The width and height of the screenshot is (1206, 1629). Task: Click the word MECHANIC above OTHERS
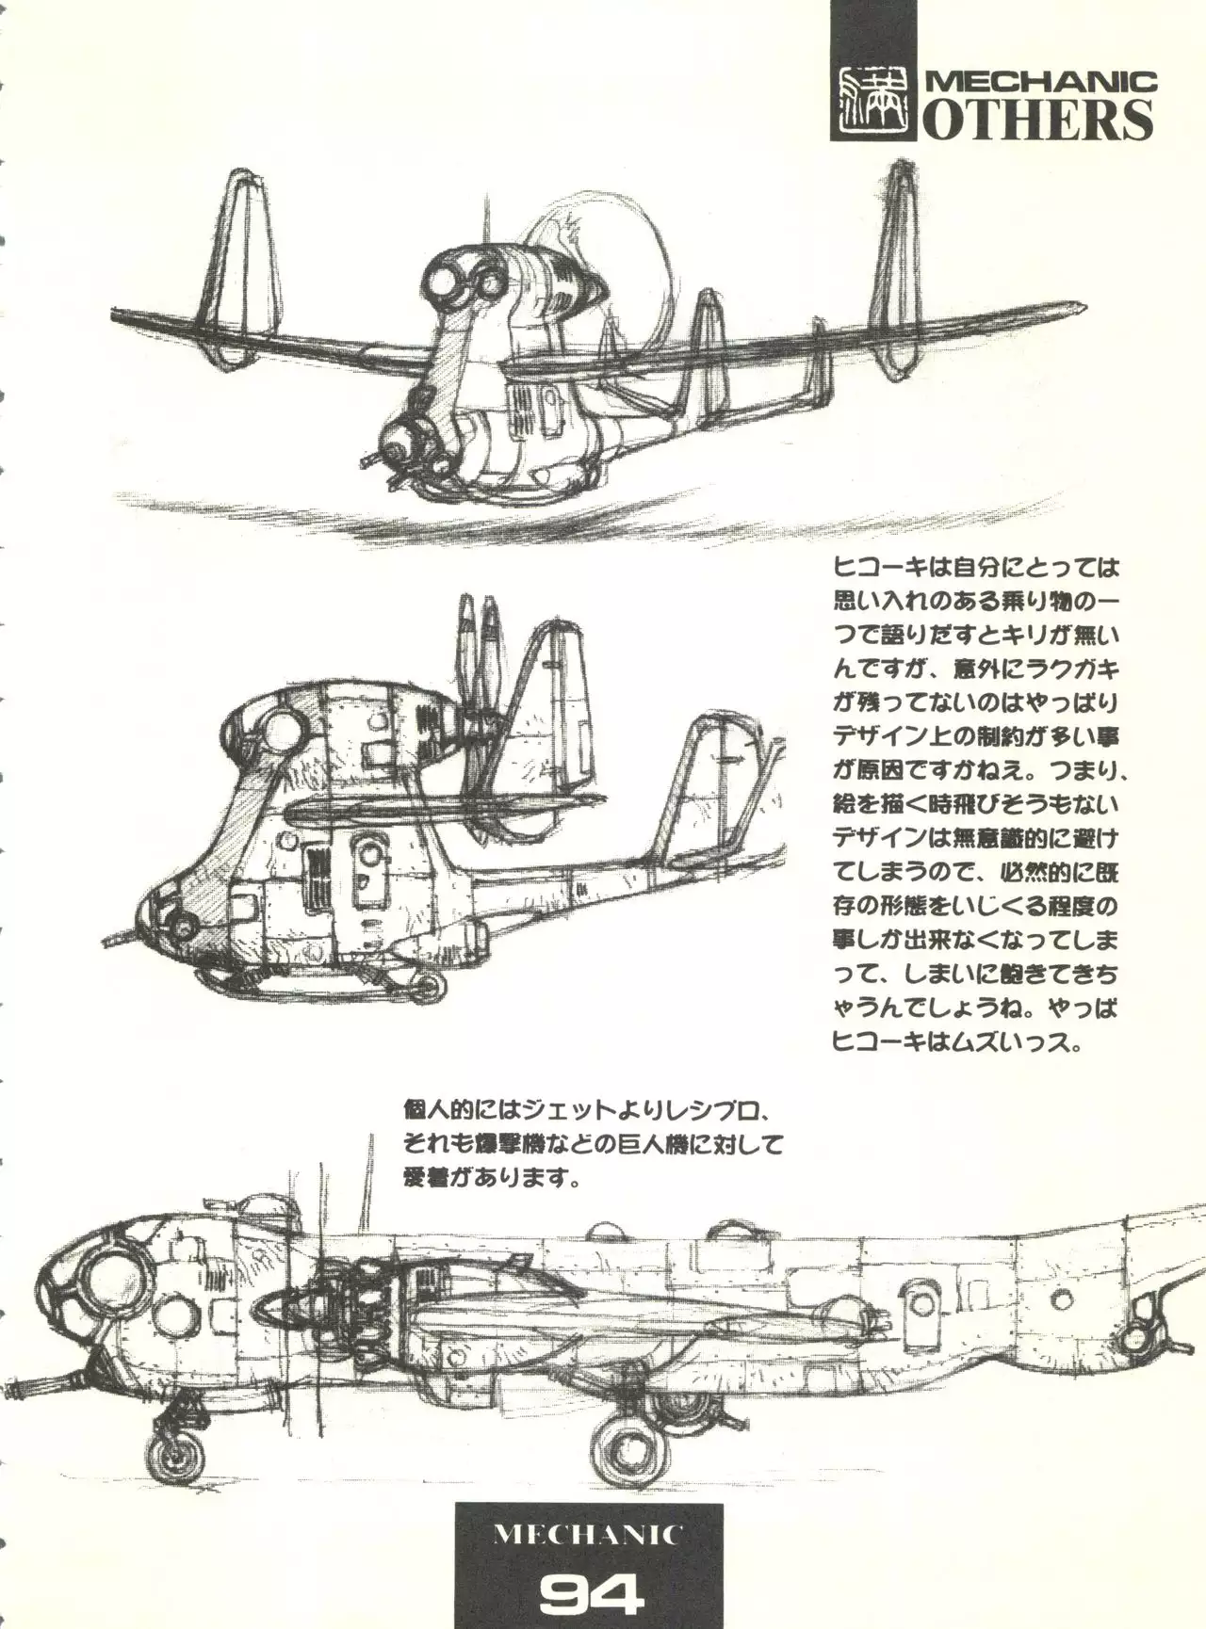point(1040,82)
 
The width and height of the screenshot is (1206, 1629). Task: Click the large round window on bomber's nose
point(111,1284)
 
